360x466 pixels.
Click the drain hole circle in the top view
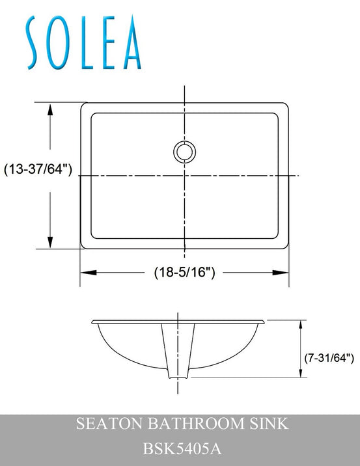click(x=184, y=152)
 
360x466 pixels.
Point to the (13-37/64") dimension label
click(x=38, y=169)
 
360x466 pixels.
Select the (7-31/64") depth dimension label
click(x=329, y=357)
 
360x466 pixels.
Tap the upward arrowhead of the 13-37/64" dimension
click(x=50, y=109)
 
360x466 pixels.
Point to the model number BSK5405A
click(x=180, y=448)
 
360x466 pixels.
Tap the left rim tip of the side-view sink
click(x=93, y=322)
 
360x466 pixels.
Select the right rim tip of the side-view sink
click(x=264, y=322)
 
